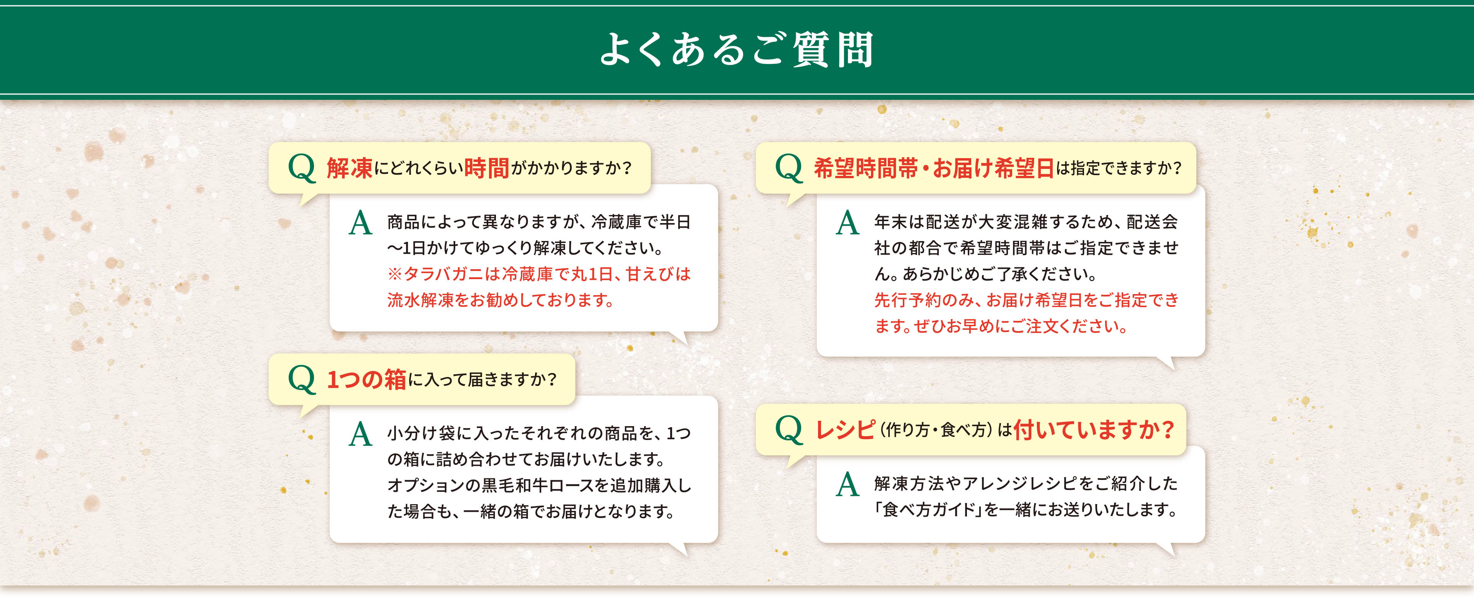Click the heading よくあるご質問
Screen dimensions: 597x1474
pos(737,50)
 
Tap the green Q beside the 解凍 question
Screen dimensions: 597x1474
pos(302,168)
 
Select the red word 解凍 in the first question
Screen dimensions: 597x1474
pos(349,168)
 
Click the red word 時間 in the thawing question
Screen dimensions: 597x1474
pos(486,168)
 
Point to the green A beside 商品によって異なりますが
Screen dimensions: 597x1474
pos(360,223)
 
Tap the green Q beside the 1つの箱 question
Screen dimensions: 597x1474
pos(302,379)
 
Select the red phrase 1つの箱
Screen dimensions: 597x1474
pos(366,379)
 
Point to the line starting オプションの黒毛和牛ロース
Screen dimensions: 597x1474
pos(539,485)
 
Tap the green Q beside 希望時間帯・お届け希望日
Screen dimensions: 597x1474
pos(789,168)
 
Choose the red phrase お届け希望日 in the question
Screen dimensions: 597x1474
pos(993,168)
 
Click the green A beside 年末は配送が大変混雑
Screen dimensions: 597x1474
pos(848,223)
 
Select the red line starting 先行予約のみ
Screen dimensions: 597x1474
pos(1026,300)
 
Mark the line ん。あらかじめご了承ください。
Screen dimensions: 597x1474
pos(985,274)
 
